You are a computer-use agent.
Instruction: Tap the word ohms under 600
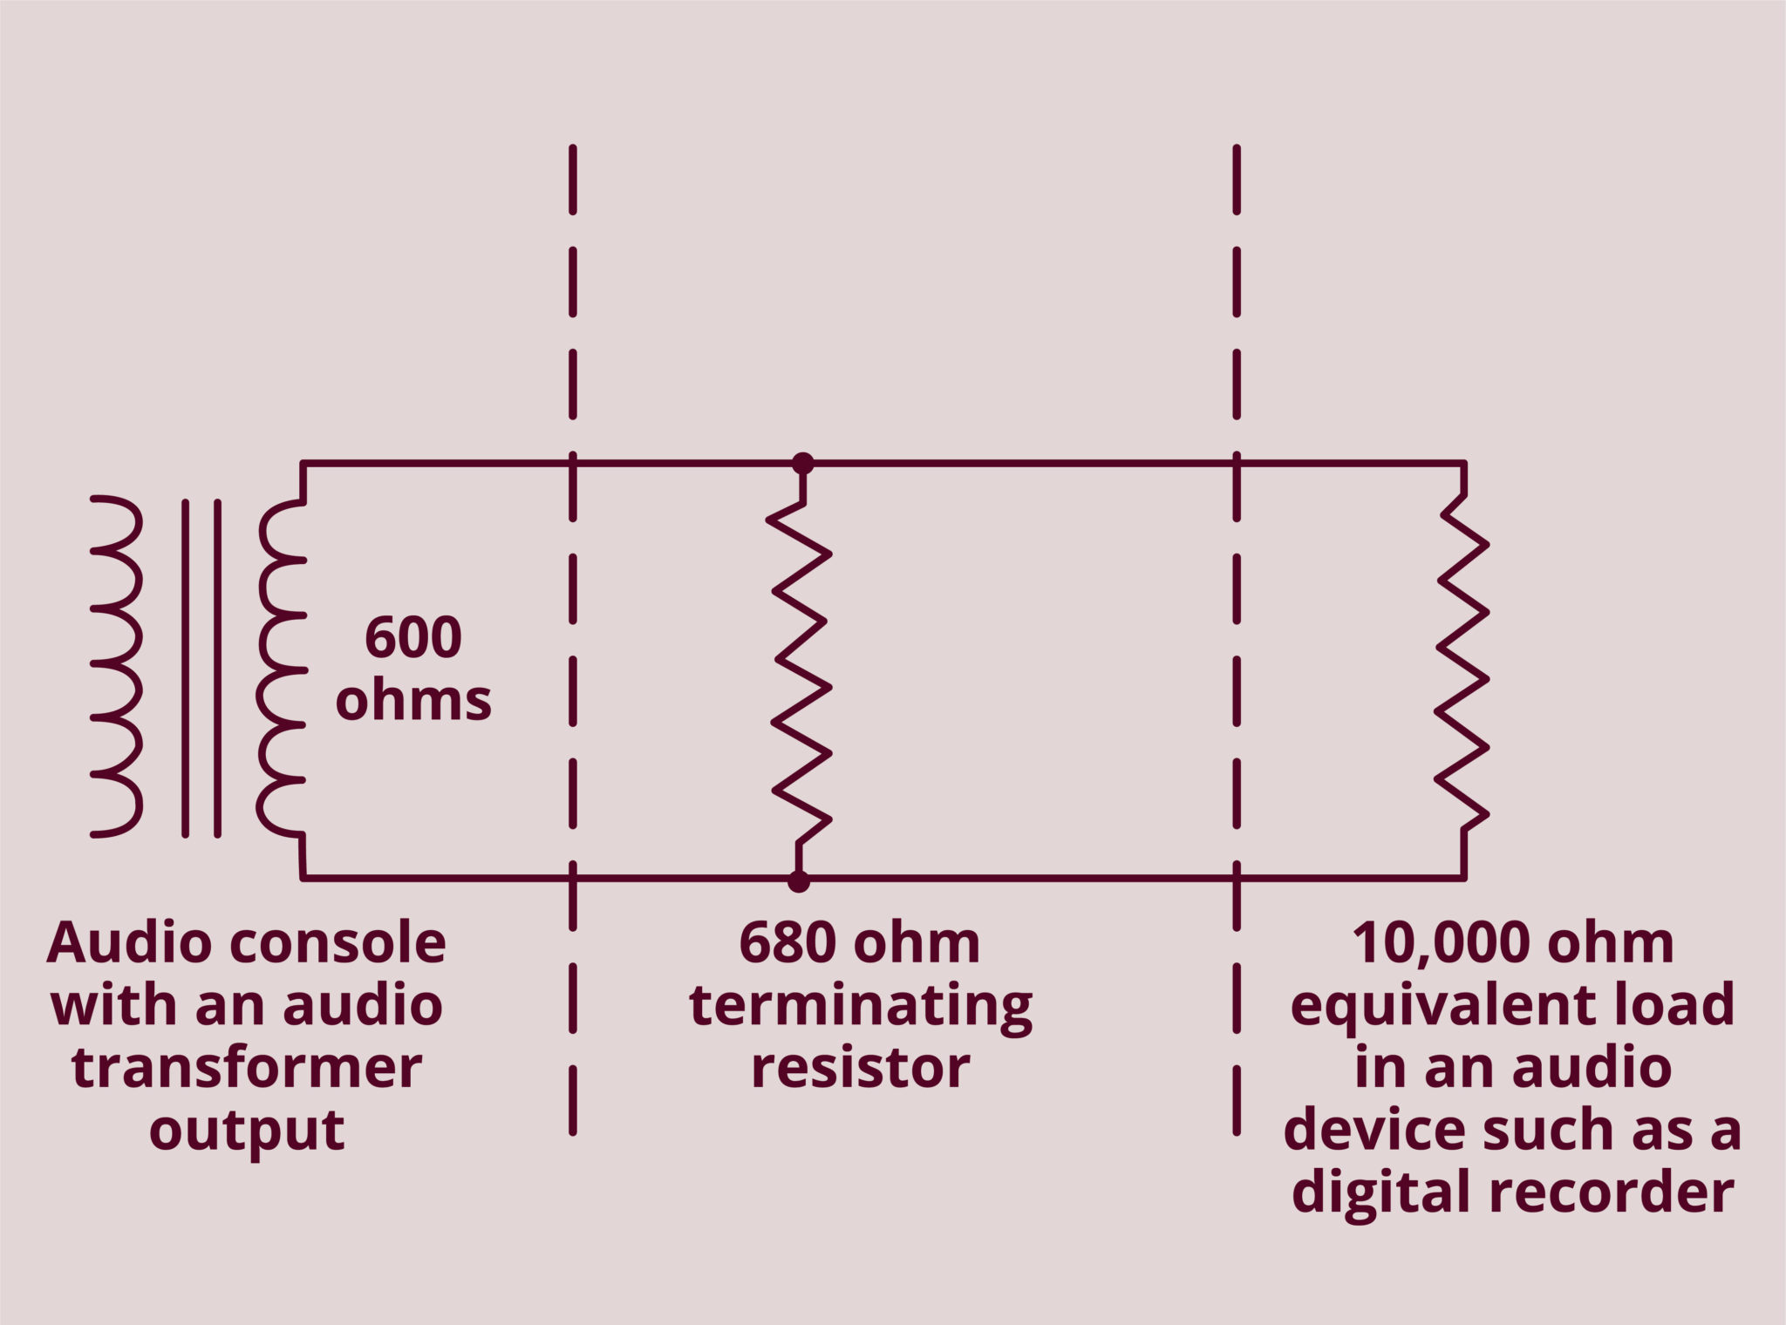point(412,700)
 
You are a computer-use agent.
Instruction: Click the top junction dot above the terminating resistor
point(802,464)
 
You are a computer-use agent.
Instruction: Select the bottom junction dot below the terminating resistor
point(798,881)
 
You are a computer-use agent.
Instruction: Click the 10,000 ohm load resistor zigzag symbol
point(1462,662)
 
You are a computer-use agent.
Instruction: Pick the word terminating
point(860,1007)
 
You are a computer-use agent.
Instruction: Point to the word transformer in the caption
point(247,1068)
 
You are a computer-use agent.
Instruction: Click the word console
point(346,943)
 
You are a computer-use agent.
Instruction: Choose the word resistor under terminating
point(860,1068)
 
